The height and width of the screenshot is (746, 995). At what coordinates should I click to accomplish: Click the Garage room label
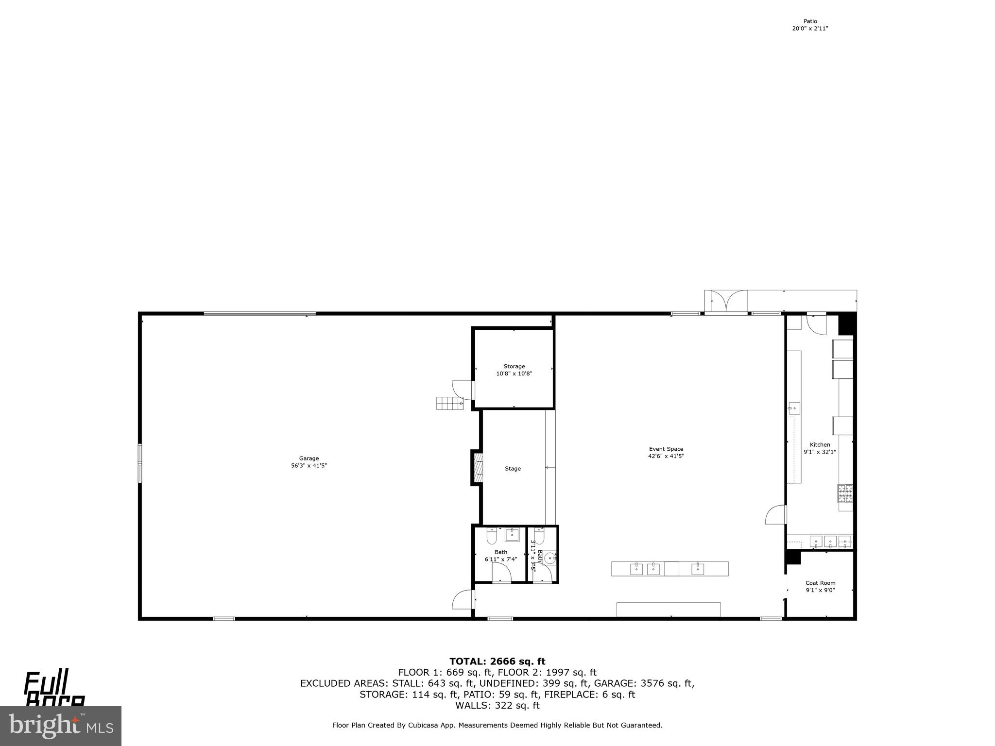pos(309,458)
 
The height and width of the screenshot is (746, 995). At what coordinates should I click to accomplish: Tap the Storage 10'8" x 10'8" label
pos(514,370)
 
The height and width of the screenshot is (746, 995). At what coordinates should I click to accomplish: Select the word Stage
pos(513,469)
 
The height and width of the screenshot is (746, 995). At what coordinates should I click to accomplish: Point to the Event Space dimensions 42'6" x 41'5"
pos(666,456)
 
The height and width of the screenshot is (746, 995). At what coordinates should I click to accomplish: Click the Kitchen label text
pos(820,444)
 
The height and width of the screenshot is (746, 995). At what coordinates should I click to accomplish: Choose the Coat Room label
pos(820,583)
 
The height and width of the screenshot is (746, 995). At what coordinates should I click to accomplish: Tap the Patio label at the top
pos(810,21)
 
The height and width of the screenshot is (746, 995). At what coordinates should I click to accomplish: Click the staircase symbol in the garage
pos(449,403)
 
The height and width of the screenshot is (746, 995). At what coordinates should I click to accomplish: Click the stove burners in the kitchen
pos(845,493)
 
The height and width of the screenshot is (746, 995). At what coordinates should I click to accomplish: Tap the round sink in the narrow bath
pos(550,558)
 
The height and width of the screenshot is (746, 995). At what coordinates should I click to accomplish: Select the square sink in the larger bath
pos(512,535)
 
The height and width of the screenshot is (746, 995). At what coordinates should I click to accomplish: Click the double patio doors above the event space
pos(726,302)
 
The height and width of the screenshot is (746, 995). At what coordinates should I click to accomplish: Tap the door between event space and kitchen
pos(776,515)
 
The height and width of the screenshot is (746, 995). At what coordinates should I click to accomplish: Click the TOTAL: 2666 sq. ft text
pos(497,661)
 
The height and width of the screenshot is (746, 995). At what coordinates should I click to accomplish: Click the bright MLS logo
pos(61,726)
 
